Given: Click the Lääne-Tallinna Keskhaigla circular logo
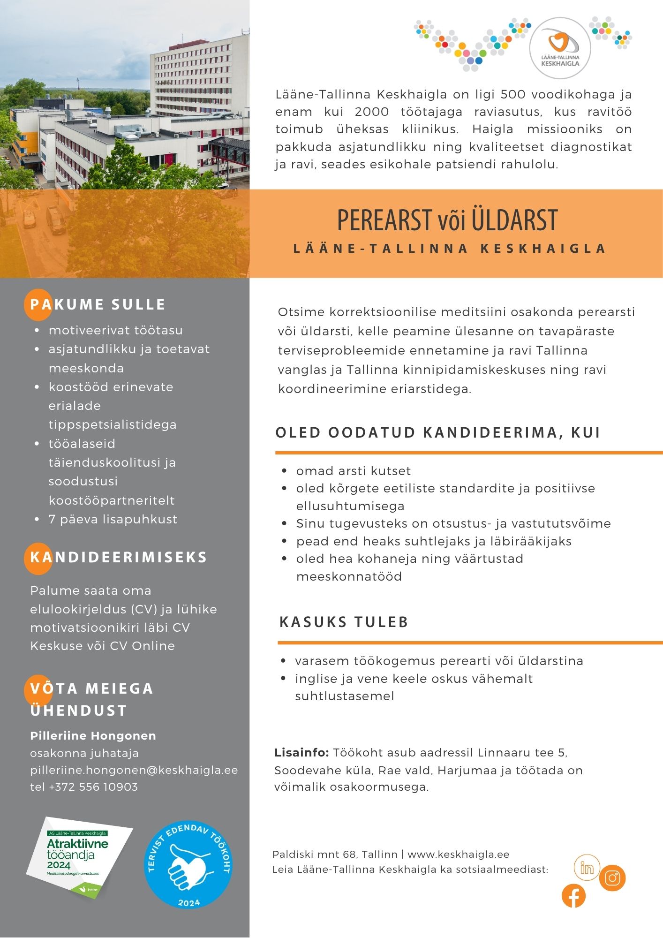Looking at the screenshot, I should pos(560,48).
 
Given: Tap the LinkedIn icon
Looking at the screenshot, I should pos(587,868).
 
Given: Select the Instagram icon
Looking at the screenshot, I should pos(612,877).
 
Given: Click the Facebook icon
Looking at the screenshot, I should pos(573,896).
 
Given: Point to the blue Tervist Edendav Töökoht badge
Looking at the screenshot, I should pos(188,864).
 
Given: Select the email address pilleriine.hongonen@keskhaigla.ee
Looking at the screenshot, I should pos(134,770).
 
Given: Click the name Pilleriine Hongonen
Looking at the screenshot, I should pos(93,735).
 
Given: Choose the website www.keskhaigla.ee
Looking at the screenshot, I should pos(458,854).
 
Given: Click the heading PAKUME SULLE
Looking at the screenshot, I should pos(98,304).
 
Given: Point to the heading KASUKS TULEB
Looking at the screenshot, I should pos(344,622).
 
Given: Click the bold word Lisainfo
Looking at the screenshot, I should pos(301,752).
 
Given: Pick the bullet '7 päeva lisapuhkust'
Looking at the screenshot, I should pos(113,519).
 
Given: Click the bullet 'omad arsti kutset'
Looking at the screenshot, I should pos(353,471).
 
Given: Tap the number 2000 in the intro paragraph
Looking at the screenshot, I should pos(372,112).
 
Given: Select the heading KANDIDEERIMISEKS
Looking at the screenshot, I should pos(118,557).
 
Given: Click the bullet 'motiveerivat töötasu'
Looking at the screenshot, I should pos(115,330).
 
